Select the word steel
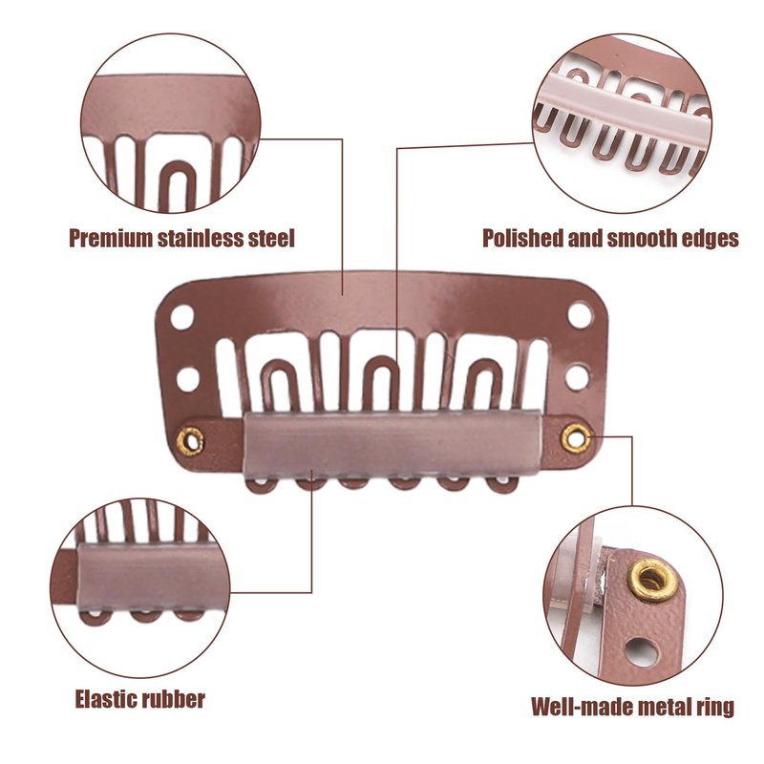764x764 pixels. [x=270, y=239]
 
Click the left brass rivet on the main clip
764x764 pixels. [x=192, y=440]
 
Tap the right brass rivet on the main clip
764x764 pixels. [x=573, y=437]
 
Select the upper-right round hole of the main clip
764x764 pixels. [x=580, y=313]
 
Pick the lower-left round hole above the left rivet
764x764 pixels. [x=188, y=378]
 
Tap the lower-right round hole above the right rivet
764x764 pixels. [x=577, y=376]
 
